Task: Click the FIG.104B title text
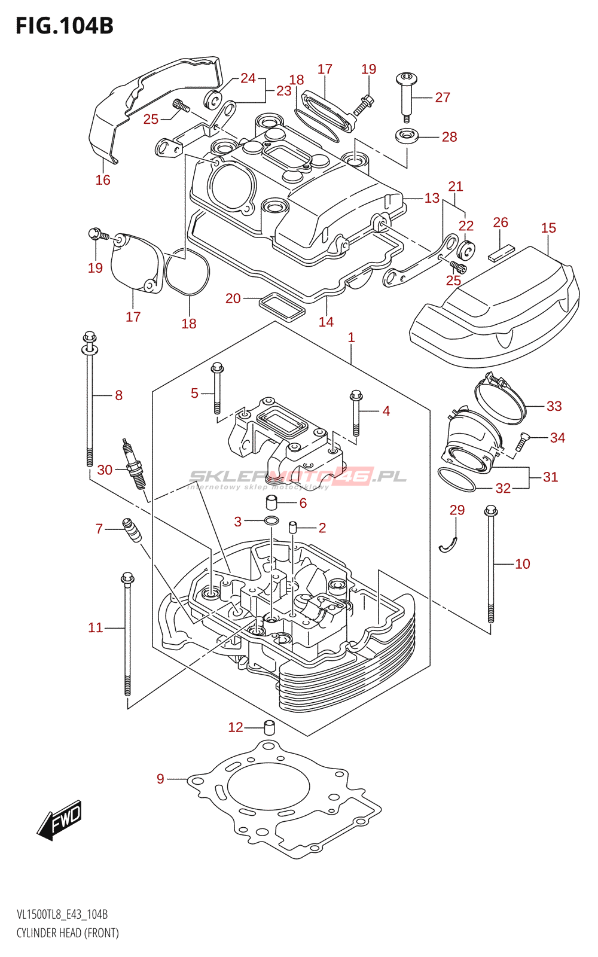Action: coord(65,26)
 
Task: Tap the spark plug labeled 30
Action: coord(135,465)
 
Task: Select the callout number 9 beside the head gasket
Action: coord(160,779)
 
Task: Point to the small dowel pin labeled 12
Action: coord(269,728)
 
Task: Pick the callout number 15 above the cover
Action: coord(548,228)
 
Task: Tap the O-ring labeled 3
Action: coord(271,520)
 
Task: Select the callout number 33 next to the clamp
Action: coord(554,406)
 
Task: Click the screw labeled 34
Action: coord(521,441)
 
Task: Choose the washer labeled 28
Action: coord(407,136)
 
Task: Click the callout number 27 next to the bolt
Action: coord(443,97)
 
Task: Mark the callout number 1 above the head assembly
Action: coord(352,337)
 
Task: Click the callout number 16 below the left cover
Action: coord(103,180)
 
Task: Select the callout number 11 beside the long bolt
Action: coord(96,627)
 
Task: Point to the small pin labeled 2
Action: coord(293,527)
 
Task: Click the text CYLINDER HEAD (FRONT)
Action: coord(68,933)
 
